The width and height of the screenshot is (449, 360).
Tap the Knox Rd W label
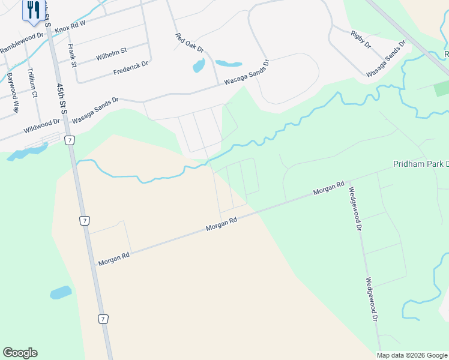pyautogui.click(x=70, y=26)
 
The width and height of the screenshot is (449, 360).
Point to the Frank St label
pyautogui.click(x=73, y=55)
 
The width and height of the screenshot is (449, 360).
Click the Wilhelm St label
pyautogui.click(x=111, y=55)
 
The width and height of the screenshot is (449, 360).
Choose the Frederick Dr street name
pyautogui.click(x=130, y=68)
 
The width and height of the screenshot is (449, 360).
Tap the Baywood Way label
pyautogui.click(x=13, y=94)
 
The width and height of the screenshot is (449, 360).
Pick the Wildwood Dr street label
pyautogui.click(x=41, y=125)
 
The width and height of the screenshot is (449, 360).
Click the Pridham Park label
pyautogui.click(x=420, y=164)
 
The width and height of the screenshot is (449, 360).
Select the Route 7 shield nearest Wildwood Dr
pyautogui.click(x=70, y=140)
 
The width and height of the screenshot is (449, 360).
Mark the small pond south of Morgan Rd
pyautogui.click(x=61, y=293)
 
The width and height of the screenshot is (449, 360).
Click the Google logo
pyautogui.click(x=20, y=353)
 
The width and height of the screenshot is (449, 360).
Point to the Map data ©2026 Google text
pyautogui.click(x=412, y=355)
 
